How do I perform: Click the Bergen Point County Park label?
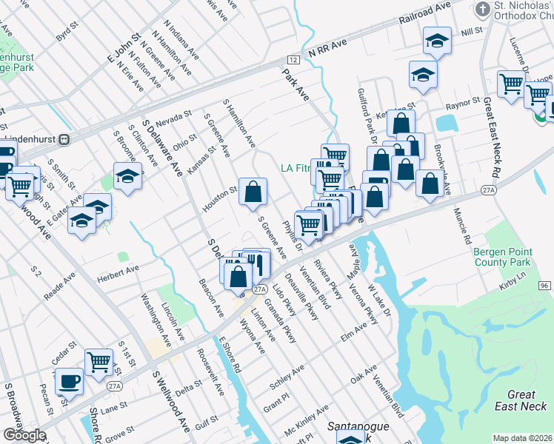point(502,257)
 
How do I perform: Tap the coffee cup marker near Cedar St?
point(69,381)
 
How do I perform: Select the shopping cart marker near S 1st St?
point(99,363)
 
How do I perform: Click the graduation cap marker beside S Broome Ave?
point(127,176)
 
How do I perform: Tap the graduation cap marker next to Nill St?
point(438,41)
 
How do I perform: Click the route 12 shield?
point(293,58)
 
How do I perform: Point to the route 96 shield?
point(544,286)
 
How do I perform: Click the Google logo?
point(24,435)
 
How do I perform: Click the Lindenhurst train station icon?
point(64,138)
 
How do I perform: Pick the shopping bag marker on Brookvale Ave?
point(430,183)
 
